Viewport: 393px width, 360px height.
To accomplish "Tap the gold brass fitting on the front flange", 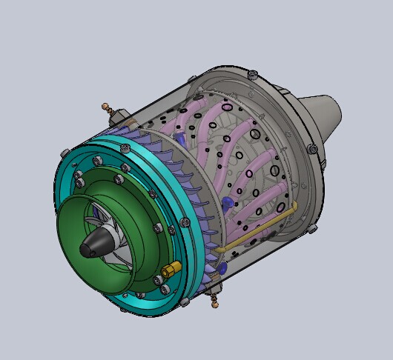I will click(x=171, y=267).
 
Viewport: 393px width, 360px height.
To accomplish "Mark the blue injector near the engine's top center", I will click(x=180, y=138).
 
